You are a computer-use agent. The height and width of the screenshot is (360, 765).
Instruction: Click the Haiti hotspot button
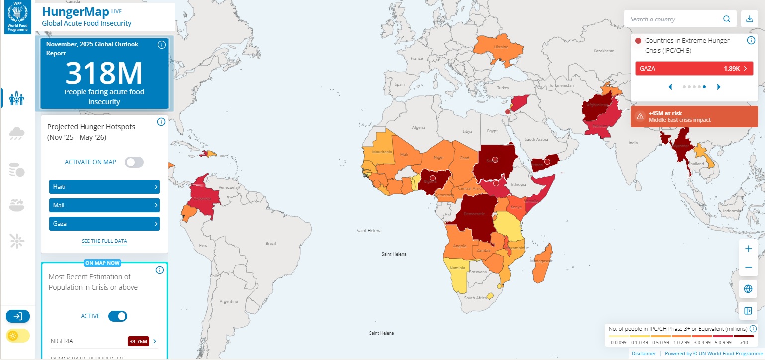coord(104,187)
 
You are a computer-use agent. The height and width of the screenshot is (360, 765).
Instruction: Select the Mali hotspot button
coord(104,205)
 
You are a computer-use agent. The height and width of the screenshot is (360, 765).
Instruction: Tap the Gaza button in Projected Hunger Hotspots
coord(104,224)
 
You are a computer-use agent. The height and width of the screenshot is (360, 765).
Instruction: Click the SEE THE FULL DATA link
coord(104,241)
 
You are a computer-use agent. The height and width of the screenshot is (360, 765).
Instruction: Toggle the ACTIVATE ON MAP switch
coord(134,162)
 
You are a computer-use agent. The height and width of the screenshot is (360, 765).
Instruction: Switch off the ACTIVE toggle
coord(118,316)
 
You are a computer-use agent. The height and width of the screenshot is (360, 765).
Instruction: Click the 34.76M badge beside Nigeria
coord(138,341)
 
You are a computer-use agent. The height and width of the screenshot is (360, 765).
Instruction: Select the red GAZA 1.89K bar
coord(694,69)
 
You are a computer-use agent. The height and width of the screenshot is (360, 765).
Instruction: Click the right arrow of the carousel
coord(718,87)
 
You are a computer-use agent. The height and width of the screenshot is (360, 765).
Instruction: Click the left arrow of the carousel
coord(670,87)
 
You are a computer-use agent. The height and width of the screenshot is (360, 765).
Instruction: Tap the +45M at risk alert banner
coord(694,117)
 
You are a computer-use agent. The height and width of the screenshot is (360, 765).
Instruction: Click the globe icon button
coord(748,289)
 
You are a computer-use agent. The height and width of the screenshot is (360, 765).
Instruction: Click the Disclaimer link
coord(644,354)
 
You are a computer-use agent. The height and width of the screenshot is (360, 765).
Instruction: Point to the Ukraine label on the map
coord(501,47)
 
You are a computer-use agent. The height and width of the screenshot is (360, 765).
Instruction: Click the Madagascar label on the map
coord(542,261)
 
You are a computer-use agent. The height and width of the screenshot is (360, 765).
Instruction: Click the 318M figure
coord(104,73)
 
